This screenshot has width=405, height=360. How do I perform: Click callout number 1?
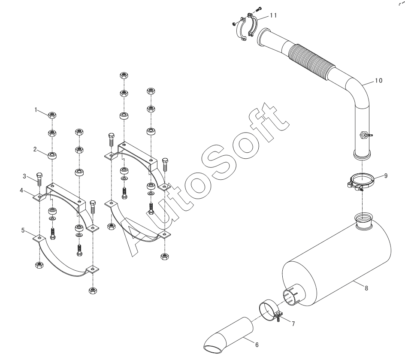tap(36, 110)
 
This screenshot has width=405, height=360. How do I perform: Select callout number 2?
tap(35, 149)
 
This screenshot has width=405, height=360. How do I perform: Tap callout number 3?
tap(24, 176)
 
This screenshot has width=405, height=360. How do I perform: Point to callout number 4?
tap(21, 191)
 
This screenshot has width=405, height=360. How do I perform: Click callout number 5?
tap(23, 230)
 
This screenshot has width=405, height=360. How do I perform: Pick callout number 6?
tap(257, 345)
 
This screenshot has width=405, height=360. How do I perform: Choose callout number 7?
tap(293, 324)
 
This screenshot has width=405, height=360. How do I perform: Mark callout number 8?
tap(366, 288)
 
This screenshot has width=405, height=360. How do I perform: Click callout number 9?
tap(386, 176)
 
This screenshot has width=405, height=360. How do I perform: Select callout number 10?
tap(378, 81)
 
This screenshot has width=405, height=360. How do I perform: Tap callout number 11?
tap(274, 15)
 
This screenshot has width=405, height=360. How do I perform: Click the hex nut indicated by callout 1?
tap(52, 115)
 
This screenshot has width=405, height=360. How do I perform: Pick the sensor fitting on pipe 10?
tap(365, 135)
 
